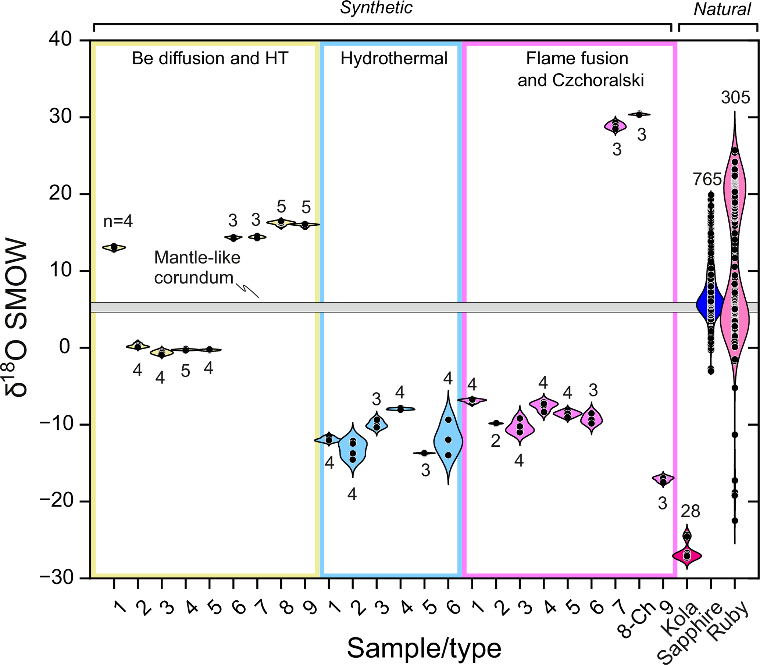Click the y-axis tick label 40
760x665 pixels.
[x=60, y=39]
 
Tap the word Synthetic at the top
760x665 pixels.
[x=376, y=8]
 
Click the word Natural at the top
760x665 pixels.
[x=722, y=10]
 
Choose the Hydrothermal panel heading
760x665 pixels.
[x=394, y=58]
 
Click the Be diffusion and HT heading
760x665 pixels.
[x=210, y=58]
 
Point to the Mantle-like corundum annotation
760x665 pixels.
[x=197, y=268]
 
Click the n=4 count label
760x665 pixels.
[x=118, y=222]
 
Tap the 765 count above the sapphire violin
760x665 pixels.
[x=707, y=180]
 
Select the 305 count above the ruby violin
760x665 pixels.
[x=735, y=98]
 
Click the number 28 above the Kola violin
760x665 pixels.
[x=690, y=512]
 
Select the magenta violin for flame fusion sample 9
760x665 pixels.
[x=663, y=479]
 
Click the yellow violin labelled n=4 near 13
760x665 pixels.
[x=114, y=247]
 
